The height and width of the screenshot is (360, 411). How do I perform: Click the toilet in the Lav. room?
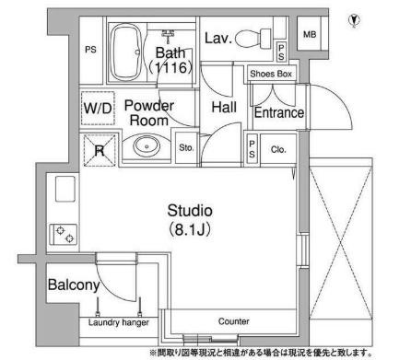click(x=253, y=39)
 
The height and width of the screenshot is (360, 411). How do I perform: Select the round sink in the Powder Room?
click(x=147, y=145)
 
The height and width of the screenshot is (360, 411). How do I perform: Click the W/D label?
click(x=98, y=109)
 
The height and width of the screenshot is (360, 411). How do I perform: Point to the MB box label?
click(x=310, y=34)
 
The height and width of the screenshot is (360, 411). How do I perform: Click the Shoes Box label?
click(x=271, y=74)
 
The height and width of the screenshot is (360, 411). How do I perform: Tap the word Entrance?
click(x=279, y=112)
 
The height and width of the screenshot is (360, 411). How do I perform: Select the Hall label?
click(x=224, y=108)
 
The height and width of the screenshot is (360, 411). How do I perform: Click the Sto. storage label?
click(x=186, y=147)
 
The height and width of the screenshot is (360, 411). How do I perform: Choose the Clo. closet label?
click(x=278, y=149)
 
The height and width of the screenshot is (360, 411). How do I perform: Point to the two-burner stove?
click(x=64, y=235)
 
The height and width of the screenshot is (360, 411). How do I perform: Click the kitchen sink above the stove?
click(x=65, y=189)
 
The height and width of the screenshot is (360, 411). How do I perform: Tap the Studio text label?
click(x=190, y=211)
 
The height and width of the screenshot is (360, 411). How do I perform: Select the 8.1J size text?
click(x=190, y=229)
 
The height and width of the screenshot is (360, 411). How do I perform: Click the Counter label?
click(x=233, y=321)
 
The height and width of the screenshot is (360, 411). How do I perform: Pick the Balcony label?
click(x=74, y=285)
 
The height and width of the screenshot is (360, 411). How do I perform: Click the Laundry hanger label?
click(x=119, y=322)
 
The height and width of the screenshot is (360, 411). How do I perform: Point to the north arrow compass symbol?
click(x=355, y=21)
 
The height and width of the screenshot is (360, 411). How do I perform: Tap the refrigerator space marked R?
click(x=100, y=150)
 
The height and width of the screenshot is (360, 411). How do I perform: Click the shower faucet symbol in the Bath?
click(x=168, y=35)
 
